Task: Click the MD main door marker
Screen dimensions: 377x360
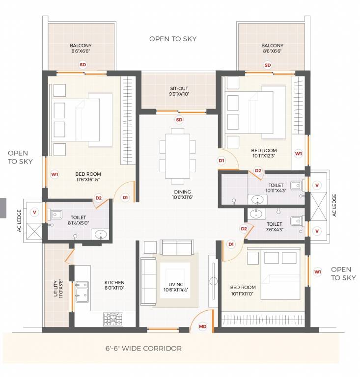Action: click(202, 326)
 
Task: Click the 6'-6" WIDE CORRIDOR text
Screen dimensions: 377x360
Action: click(143, 349)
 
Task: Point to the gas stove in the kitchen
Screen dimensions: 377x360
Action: click(113, 320)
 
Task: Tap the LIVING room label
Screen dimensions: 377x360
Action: click(176, 287)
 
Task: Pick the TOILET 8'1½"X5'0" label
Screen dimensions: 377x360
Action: click(79, 220)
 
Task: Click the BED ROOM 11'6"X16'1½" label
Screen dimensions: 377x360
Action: click(88, 177)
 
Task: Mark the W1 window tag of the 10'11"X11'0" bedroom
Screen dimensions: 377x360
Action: click(318, 271)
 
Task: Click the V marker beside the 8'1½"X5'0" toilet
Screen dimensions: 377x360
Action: click(34, 212)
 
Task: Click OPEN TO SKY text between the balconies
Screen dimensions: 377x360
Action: click(173, 39)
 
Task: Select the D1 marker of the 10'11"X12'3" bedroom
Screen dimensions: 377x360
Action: click(222, 161)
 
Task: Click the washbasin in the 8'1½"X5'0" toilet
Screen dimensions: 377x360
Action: click(101, 235)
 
